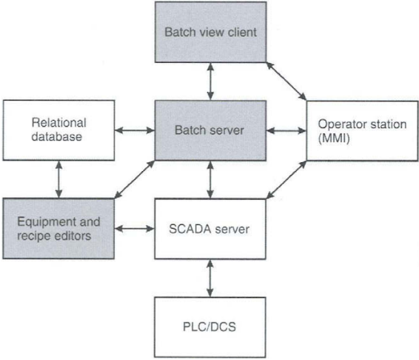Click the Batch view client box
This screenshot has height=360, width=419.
tap(210, 32)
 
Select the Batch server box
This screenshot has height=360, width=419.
tap(210, 130)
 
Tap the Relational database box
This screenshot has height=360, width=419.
tap(58, 130)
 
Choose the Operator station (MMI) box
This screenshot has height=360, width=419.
tap(362, 131)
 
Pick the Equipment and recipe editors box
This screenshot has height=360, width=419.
tap(58, 229)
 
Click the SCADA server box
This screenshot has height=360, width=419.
tap(210, 229)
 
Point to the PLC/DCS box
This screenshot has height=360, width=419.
tap(210, 327)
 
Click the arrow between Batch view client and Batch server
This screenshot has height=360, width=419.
tap(210, 81)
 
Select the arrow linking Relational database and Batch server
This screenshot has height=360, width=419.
tap(135, 130)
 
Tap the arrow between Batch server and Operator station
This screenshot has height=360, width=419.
tap(286, 131)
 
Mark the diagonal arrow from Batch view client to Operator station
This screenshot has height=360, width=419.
tap(286, 81)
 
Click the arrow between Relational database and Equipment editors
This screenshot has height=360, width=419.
tap(58, 179)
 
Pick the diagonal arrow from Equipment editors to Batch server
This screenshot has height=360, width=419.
tap(135, 180)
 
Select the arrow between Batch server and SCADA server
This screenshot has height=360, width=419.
tap(210, 180)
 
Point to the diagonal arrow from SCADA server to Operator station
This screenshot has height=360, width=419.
tap(286, 180)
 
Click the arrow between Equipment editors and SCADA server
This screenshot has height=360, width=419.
tap(135, 229)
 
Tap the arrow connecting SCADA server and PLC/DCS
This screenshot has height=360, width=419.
tap(210, 279)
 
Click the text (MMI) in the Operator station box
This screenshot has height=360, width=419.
tap(334, 139)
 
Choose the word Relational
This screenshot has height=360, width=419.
tap(58, 123)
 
